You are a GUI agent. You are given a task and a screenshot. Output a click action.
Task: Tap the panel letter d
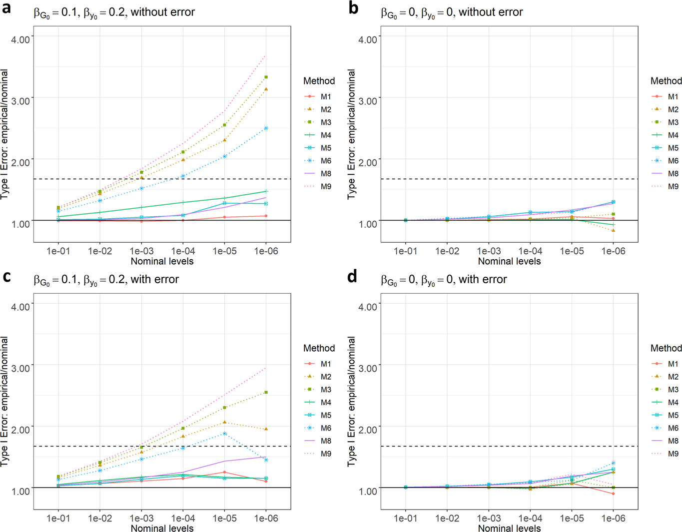tap(352, 276)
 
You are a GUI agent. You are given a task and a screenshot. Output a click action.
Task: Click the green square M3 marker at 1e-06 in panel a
tap(266, 77)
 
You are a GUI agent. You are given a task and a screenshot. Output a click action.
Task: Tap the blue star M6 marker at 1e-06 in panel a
tap(266, 128)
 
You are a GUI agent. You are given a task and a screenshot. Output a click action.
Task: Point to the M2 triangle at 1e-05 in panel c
tap(224, 423)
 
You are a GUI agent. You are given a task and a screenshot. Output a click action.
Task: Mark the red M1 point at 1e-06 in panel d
tap(613, 494)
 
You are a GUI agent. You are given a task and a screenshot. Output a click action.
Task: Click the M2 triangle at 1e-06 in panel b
tap(613, 230)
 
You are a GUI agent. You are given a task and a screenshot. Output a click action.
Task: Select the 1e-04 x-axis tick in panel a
tap(183, 251)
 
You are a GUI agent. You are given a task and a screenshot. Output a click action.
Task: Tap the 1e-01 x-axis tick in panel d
tap(405, 519)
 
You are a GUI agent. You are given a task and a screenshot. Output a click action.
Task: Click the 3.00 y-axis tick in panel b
tap(368, 101)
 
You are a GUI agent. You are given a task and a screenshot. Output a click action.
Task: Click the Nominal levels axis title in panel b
tap(509, 261)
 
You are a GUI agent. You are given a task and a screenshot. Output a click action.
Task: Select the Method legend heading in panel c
tap(319, 348)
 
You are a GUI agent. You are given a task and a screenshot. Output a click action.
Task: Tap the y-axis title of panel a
tap(4, 135)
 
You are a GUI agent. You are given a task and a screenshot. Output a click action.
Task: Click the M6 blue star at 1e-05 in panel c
tap(224, 434)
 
